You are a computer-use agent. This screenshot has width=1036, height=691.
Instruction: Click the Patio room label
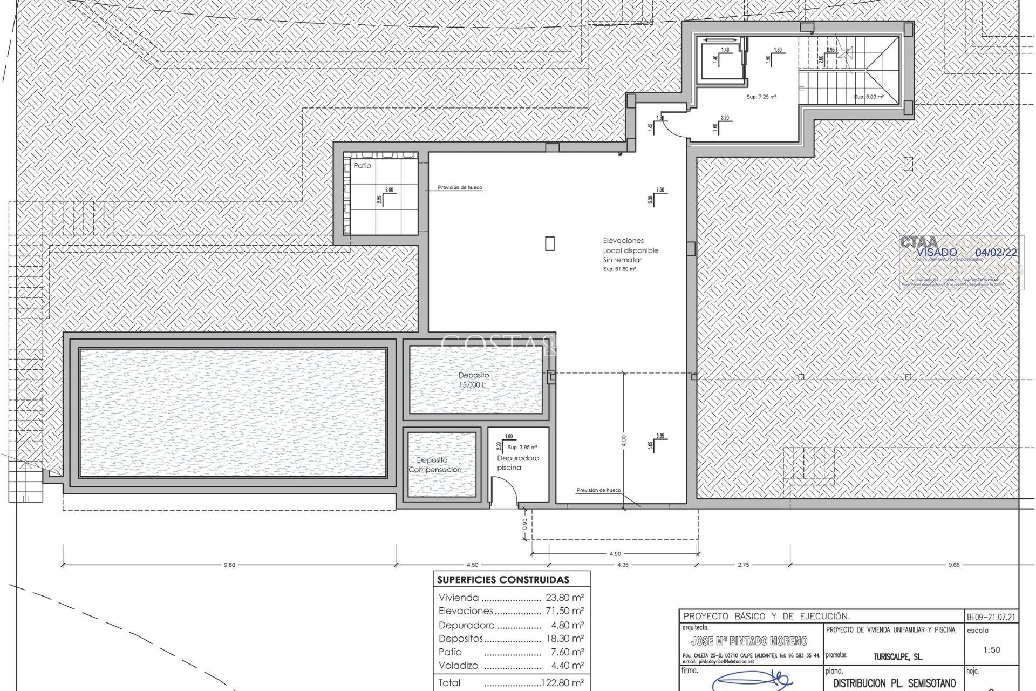(362, 166)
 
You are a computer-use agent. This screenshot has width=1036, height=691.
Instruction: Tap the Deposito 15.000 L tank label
(474, 380)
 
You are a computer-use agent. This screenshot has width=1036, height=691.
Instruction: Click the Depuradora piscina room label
(517, 463)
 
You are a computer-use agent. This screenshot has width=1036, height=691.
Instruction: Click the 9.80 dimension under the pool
(229, 565)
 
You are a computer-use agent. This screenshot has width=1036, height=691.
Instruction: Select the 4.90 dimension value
(615, 553)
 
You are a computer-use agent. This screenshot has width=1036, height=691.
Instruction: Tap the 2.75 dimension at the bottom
(743, 565)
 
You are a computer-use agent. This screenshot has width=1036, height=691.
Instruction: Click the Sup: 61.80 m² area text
(619, 269)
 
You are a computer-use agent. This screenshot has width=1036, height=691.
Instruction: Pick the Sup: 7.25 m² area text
(761, 97)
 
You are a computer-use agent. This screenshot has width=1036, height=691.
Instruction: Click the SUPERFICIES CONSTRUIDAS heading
(503, 580)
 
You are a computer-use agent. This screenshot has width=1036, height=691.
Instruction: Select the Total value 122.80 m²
(562, 683)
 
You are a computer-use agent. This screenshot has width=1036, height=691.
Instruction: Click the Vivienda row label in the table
(459, 598)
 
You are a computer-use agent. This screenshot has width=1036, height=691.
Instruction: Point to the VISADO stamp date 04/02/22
(997, 253)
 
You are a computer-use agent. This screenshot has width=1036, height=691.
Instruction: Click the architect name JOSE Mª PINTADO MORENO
(749, 641)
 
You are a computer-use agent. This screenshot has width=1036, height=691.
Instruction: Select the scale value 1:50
(992, 650)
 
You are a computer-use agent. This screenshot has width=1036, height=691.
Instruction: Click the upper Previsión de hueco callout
(460, 188)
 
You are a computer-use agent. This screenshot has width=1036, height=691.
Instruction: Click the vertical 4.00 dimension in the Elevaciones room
(624, 440)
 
